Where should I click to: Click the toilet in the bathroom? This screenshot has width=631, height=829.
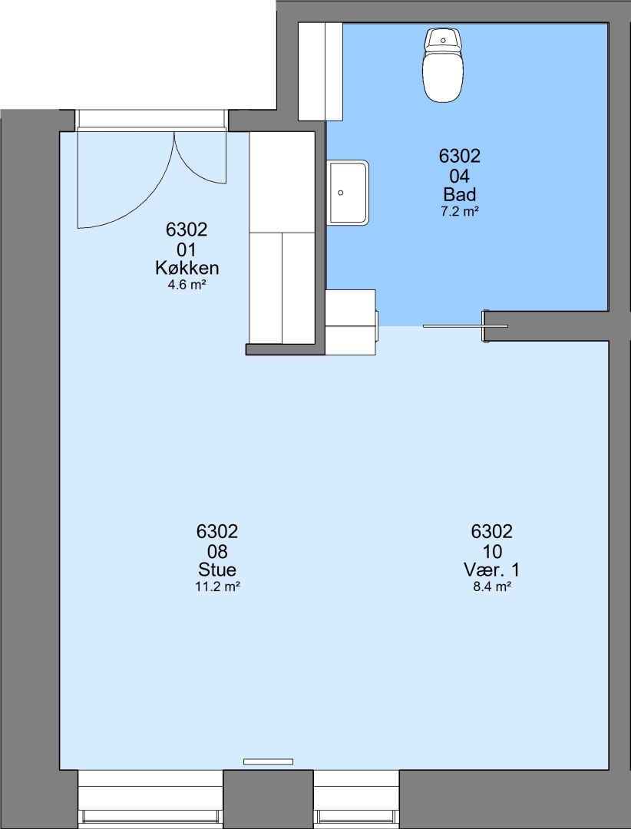click(443, 64)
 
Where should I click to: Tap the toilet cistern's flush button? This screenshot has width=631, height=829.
click(443, 40)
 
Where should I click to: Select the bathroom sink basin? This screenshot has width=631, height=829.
click(348, 193)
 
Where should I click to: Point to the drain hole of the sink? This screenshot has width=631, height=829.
click(341, 193)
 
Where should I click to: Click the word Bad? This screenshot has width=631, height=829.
click(459, 194)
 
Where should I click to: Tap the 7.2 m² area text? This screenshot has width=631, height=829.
click(459, 212)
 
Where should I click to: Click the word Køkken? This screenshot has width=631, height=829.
click(187, 268)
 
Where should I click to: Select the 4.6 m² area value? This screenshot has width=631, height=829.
click(187, 285)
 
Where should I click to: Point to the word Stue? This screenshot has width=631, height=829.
click(216, 570)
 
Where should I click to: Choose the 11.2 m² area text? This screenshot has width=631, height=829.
click(216, 586)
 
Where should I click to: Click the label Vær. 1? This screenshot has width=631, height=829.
click(491, 570)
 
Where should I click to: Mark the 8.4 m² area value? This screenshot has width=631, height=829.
click(491, 586)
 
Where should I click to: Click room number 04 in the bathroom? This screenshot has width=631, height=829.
click(459, 175)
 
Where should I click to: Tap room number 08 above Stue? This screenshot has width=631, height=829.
click(216, 551)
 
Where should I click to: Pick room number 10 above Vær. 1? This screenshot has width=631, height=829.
click(491, 551)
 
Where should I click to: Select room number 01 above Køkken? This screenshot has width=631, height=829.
click(187, 249)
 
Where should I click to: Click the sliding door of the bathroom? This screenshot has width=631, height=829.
click(465, 326)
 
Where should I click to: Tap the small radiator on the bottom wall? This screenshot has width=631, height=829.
click(268, 761)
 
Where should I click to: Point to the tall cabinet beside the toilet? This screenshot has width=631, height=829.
click(321, 71)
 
